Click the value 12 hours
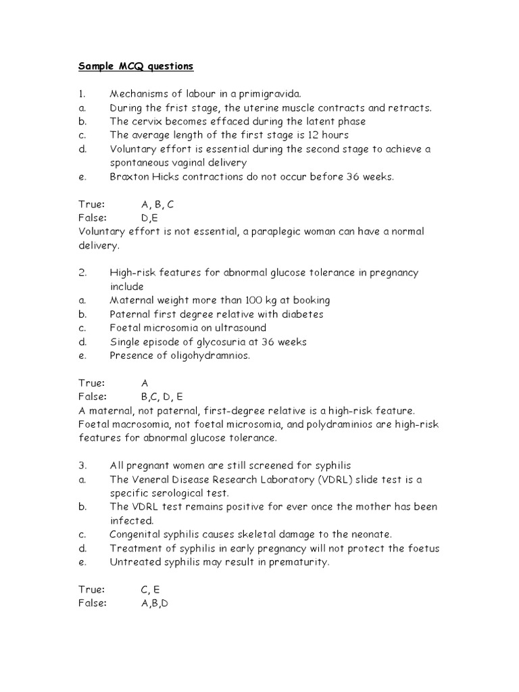click(326, 135)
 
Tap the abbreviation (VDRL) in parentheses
click(345, 480)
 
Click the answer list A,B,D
click(154, 603)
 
